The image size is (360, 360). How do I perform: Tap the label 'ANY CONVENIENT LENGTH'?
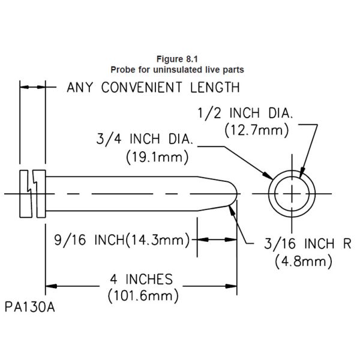[x=153, y=88]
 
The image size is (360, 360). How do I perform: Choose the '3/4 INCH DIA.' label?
[x=144, y=141]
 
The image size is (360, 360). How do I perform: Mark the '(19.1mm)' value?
[x=157, y=157]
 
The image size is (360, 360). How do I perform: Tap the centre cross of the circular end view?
[x=292, y=193]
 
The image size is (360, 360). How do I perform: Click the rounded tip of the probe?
[x=236, y=193]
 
